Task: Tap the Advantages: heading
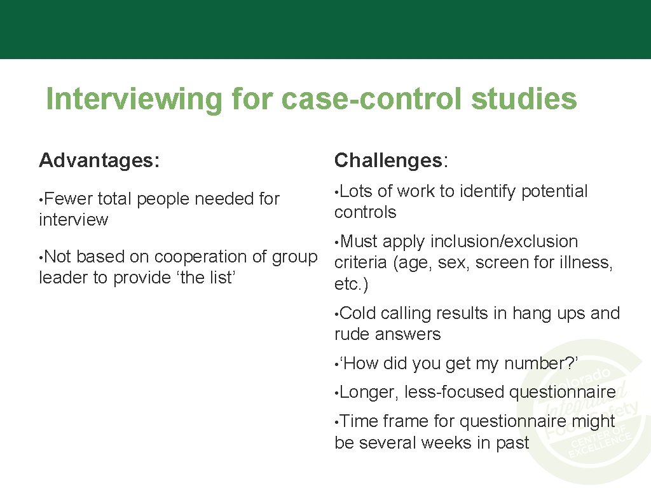[99, 161]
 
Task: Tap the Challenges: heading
[391, 161]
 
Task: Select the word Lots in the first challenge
[357, 191]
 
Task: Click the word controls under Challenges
[365, 212]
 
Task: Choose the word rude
[352, 334]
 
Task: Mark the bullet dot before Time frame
[337, 422]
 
